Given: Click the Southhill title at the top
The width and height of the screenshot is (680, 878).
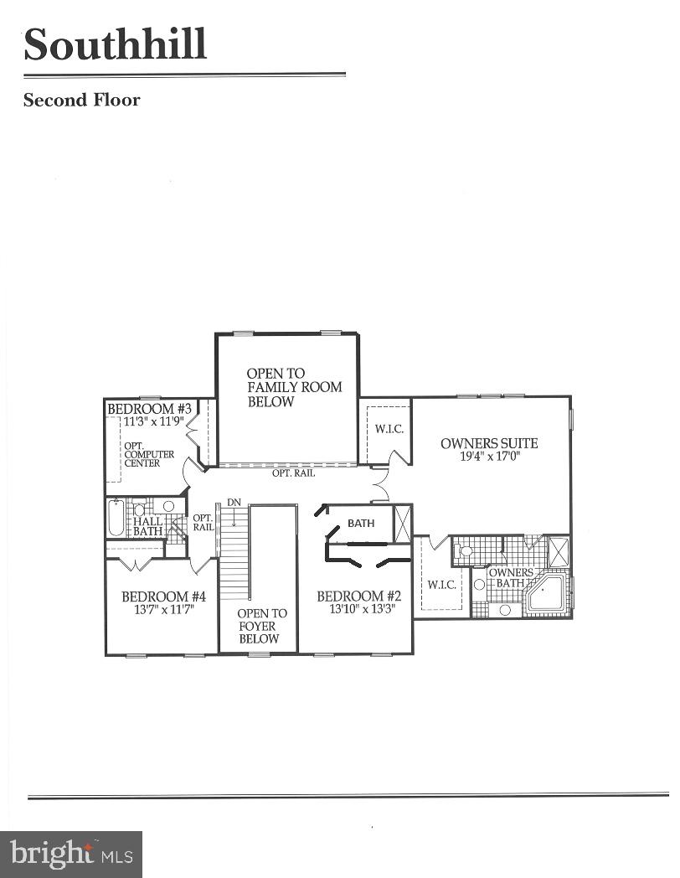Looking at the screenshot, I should tap(115, 44).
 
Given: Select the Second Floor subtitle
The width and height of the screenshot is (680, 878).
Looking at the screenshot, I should tap(81, 101).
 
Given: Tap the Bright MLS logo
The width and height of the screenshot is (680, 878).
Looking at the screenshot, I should tap(70, 854).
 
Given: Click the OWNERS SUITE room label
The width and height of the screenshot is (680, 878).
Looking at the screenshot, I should tap(489, 443).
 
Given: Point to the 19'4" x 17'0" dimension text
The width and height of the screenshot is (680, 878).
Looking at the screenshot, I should tap(489, 458).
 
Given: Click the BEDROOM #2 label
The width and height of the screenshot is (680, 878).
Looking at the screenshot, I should tap(358, 596).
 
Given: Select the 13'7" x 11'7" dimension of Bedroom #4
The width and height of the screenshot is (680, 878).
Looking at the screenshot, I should tap(163, 611).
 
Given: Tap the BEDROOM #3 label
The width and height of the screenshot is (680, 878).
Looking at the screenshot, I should tap(150, 408).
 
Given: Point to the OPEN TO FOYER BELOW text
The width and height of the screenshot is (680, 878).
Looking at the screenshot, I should tap(261, 626).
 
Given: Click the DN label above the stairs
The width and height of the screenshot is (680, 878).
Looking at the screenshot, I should tap(235, 502).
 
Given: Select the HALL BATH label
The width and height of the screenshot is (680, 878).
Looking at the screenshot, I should tap(148, 526).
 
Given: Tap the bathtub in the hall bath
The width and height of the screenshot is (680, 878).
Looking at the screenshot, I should tap(116, 519).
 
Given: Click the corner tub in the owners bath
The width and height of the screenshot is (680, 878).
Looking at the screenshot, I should tap(546, 593).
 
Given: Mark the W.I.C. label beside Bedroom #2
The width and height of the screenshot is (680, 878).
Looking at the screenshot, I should tap(441, 584).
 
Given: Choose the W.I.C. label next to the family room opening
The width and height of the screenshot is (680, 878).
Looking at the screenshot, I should tap(389, 429).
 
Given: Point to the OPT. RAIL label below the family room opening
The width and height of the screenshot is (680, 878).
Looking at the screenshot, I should tap(293, 473).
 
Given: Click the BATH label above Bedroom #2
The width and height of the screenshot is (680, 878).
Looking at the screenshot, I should tap(361, 523).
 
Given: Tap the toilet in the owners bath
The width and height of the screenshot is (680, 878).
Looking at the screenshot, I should tap(464, 553).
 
